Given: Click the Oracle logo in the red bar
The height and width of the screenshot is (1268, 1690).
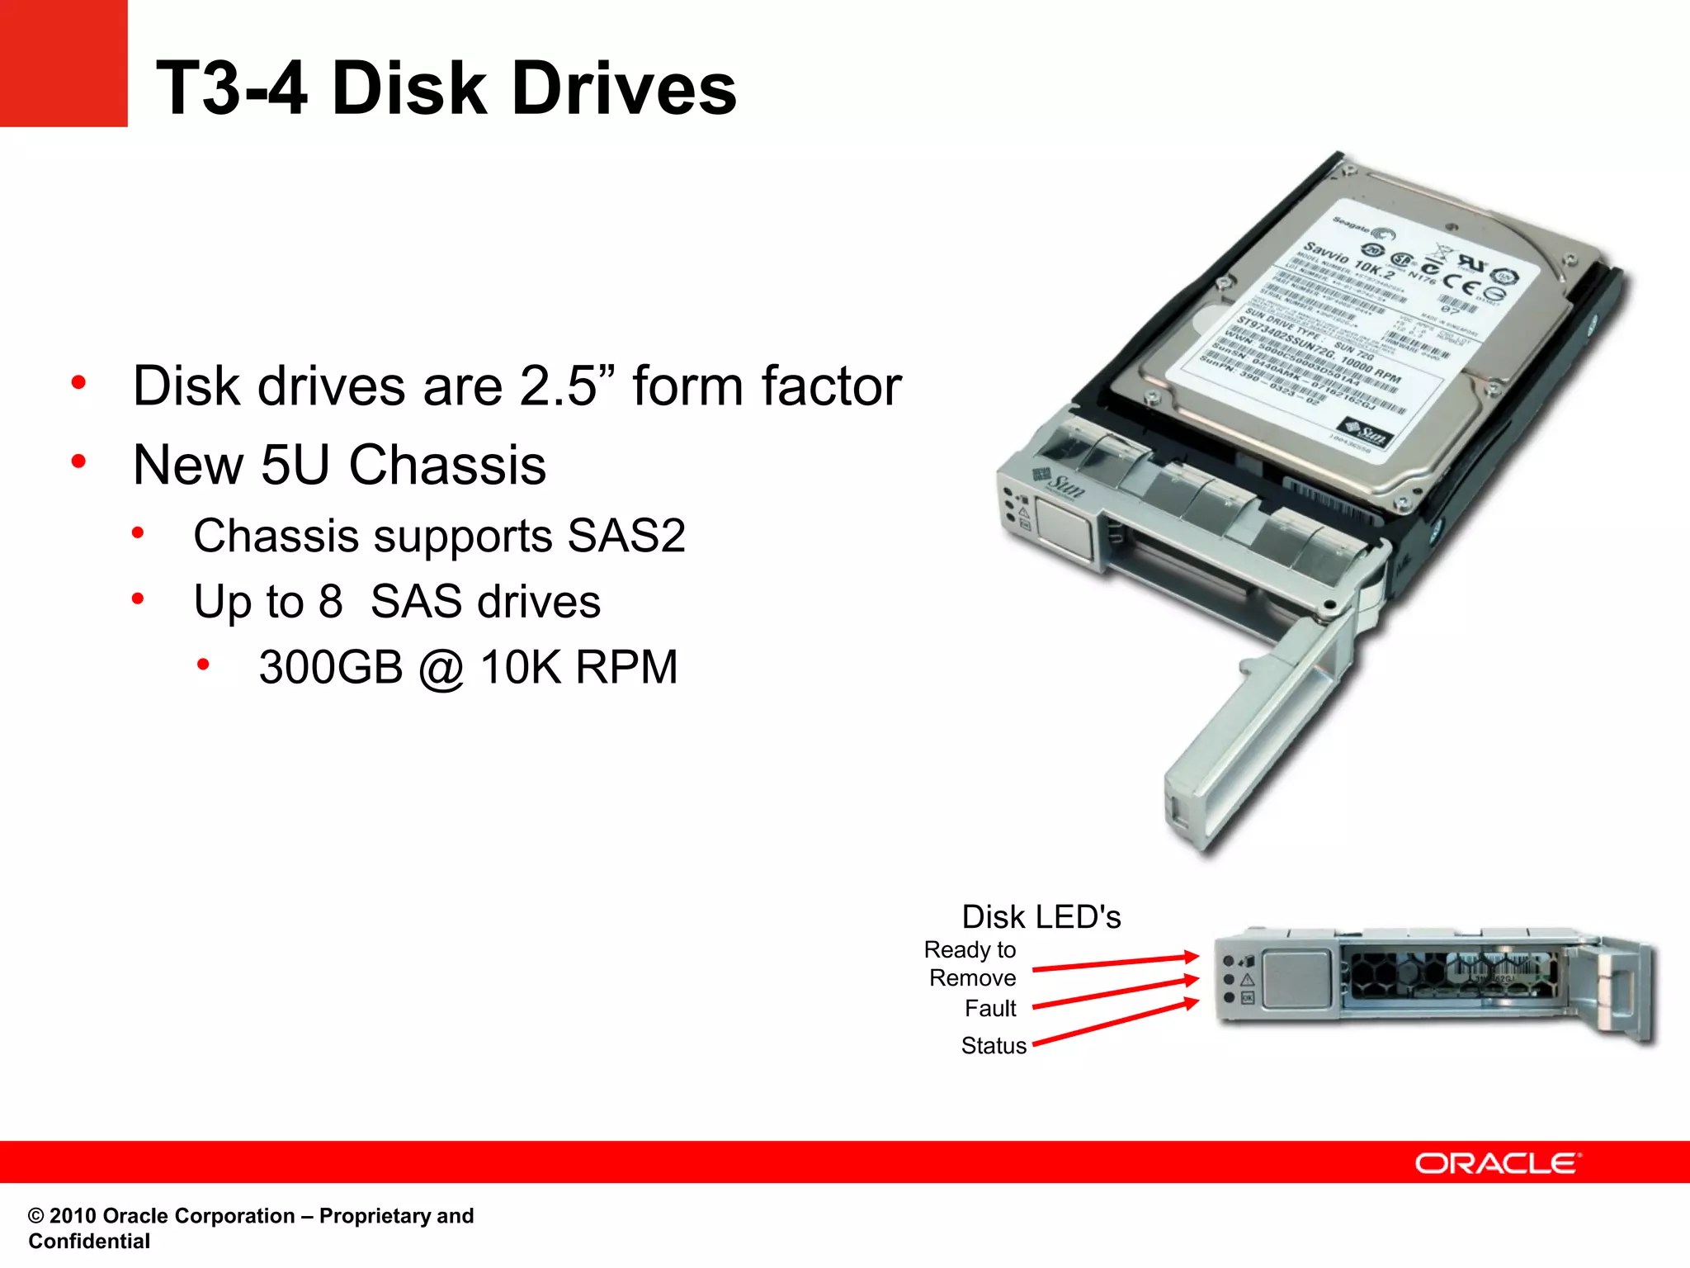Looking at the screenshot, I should click(x=1497, y=1163).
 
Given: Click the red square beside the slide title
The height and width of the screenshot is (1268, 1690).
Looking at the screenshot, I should click(x=64, y=63).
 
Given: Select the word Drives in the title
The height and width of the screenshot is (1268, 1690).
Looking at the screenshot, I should click(x=624, y=88).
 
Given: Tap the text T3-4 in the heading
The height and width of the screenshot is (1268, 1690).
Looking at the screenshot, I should click(x=232, y=88).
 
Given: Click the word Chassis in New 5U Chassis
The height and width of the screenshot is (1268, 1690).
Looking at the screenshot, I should click(x=447, y=465).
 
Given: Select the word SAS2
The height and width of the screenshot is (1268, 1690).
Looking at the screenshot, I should click(x=626, y=536).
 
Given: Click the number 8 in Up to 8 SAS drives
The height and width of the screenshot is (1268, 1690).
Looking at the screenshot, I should click(x=330, y=601).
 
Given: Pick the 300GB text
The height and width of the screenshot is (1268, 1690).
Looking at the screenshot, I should click(x=330, y=667).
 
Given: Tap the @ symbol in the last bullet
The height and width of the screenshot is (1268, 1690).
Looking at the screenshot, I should click(x=441, y=669).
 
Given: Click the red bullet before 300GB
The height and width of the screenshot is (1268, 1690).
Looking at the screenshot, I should click(x=203, y=665).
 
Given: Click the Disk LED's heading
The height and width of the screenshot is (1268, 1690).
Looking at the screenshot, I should click(x=1041, y=917).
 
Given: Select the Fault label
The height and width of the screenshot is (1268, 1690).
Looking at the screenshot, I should click(x=990, y=1009).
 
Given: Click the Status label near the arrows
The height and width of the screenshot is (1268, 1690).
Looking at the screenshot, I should click(x=994, y=1046).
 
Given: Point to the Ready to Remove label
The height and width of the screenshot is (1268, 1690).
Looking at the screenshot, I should click(x=971, y=963).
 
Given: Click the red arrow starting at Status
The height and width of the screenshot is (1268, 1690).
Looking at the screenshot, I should click(x=1114, y=1024).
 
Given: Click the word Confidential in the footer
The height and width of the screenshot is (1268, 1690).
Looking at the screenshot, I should click(x=89, y=1242).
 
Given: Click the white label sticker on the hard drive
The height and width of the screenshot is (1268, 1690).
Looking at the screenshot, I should click(x=1353, y=330).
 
